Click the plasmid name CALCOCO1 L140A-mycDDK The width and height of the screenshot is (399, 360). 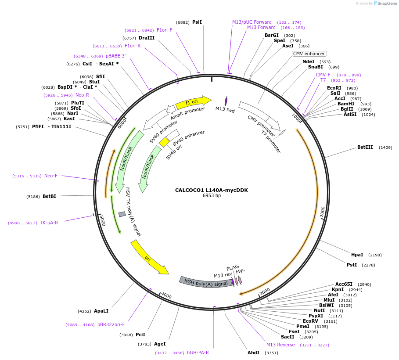tap(211, 190)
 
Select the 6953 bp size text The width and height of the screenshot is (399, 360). tap(212, 196)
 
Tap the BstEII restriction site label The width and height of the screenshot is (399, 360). tap(365, 148)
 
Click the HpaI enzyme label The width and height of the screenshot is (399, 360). tap(357, 255)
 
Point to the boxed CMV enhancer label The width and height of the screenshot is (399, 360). tap(309, 54)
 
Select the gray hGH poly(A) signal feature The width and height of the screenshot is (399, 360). tap(205, 281)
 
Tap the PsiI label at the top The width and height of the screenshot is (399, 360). tap(197, 22)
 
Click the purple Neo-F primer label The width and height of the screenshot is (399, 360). tap(51, 176)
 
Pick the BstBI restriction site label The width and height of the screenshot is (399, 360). tap(49, 196)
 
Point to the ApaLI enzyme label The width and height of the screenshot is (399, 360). tap(101, 311)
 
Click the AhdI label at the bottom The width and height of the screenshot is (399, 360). tap(254, 353)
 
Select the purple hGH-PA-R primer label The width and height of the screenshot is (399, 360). tap(198, 353)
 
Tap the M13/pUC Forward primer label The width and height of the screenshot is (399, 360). tap(252, 22)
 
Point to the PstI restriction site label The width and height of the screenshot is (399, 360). tap(352, 265)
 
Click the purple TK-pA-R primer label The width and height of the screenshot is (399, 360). tap(49, 223)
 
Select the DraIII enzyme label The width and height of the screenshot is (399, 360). tap(147, 38)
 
